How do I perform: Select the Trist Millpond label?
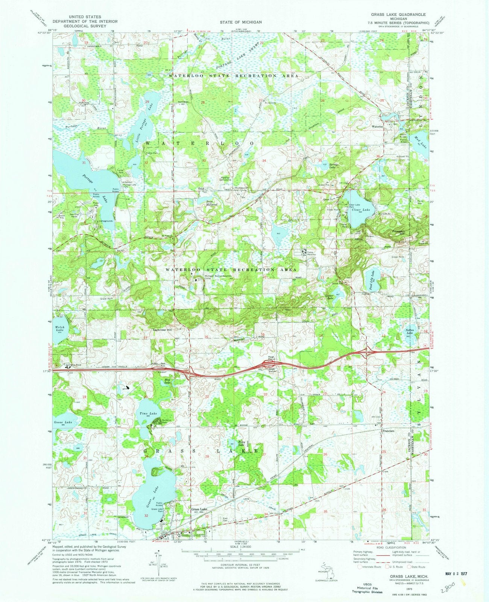[x=212, y=203]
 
